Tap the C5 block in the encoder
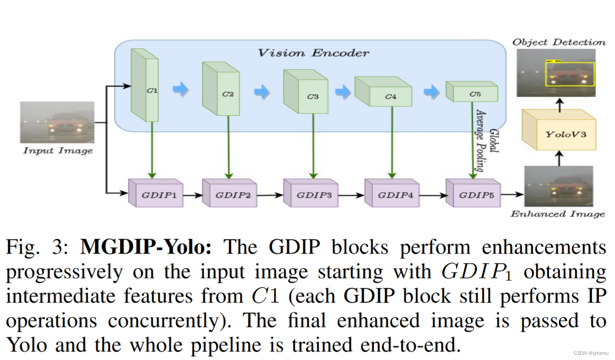(x=472, y=92)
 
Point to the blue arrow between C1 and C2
(x=180, y=90)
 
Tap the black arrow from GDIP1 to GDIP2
(x=193, y=195)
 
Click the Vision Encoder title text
(x=313, y=53)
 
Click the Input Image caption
(x=58, y=151)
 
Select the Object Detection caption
(x=558, y=42)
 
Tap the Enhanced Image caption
(x=558, y=214)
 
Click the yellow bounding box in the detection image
(x=569, y=74)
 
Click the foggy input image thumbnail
(x=57, y=122)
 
